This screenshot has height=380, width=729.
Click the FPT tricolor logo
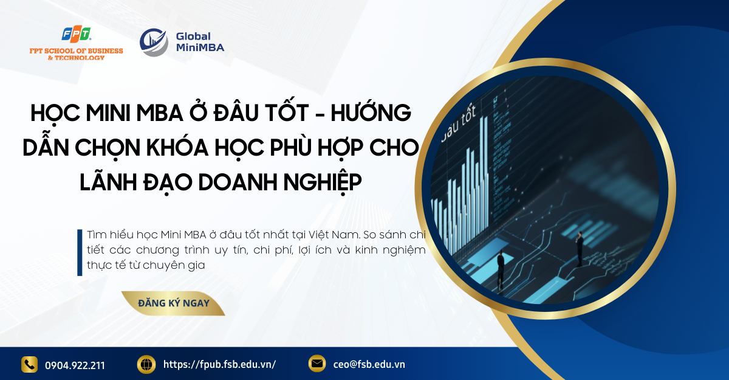pyautogui.click(x=77, y=35)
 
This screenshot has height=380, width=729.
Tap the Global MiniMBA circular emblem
pyautogui.click(x=154, y=43)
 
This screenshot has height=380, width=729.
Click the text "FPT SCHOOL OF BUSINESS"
pyautogui.click(x=76, y=51)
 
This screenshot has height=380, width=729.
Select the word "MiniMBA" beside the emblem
pyautogui.click(x=200, y=47)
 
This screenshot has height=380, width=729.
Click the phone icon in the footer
pyautogui.click(x=29, y=364)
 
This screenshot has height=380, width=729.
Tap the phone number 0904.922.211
pyautogui.click(x=75, y=365)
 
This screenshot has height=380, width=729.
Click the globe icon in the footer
pyautogui.click(x=146, y=364)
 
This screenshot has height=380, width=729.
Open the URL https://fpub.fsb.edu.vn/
pyautogui.click(x=220, y=364)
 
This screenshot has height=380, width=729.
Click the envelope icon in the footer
pyautogui.click(x=317, y=364)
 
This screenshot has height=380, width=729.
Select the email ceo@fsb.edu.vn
pyautogui.click(x=369, y=364)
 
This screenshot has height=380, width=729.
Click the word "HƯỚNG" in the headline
pyautogui.click(x=371, y=112)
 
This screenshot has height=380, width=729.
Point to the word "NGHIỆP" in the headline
pyautogui.click(x=323, y=182)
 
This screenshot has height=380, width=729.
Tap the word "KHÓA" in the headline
pyautogui.click(x=177, y=147)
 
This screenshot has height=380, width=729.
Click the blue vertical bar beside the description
pyautogui.click(x=80, y=253)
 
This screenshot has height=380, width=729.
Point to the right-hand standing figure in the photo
pyautogui.click(x=580, y=249)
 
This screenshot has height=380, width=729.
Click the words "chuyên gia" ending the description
pyautogui.click(x=174, y=265)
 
